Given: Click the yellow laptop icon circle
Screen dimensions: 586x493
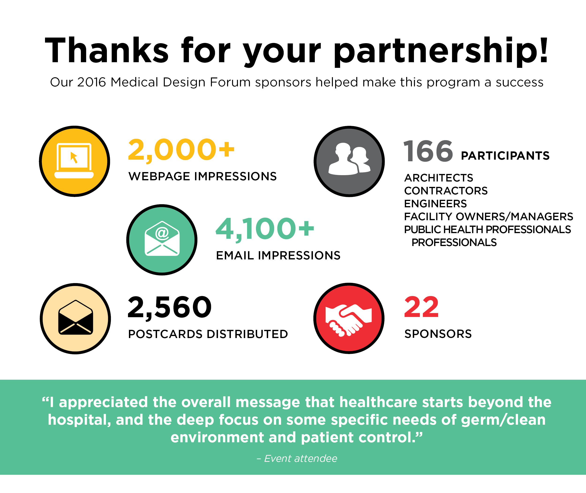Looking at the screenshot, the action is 75,161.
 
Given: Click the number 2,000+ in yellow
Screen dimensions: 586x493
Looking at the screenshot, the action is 181,150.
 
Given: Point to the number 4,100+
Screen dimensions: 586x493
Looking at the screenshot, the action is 265,229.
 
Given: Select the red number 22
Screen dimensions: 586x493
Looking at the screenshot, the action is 421,307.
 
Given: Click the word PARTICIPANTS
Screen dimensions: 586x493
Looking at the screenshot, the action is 505,156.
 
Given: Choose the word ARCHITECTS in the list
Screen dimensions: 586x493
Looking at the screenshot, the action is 439,178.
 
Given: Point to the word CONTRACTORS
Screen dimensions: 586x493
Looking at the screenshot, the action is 446,191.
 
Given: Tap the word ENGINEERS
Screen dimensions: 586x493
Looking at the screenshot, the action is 435,204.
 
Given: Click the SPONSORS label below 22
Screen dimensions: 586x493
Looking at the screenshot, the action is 438,334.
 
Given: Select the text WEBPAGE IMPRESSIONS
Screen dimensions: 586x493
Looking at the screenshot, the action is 203,176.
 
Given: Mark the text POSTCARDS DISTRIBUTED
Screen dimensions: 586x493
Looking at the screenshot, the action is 208,334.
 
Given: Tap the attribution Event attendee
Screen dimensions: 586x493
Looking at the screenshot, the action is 301,458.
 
